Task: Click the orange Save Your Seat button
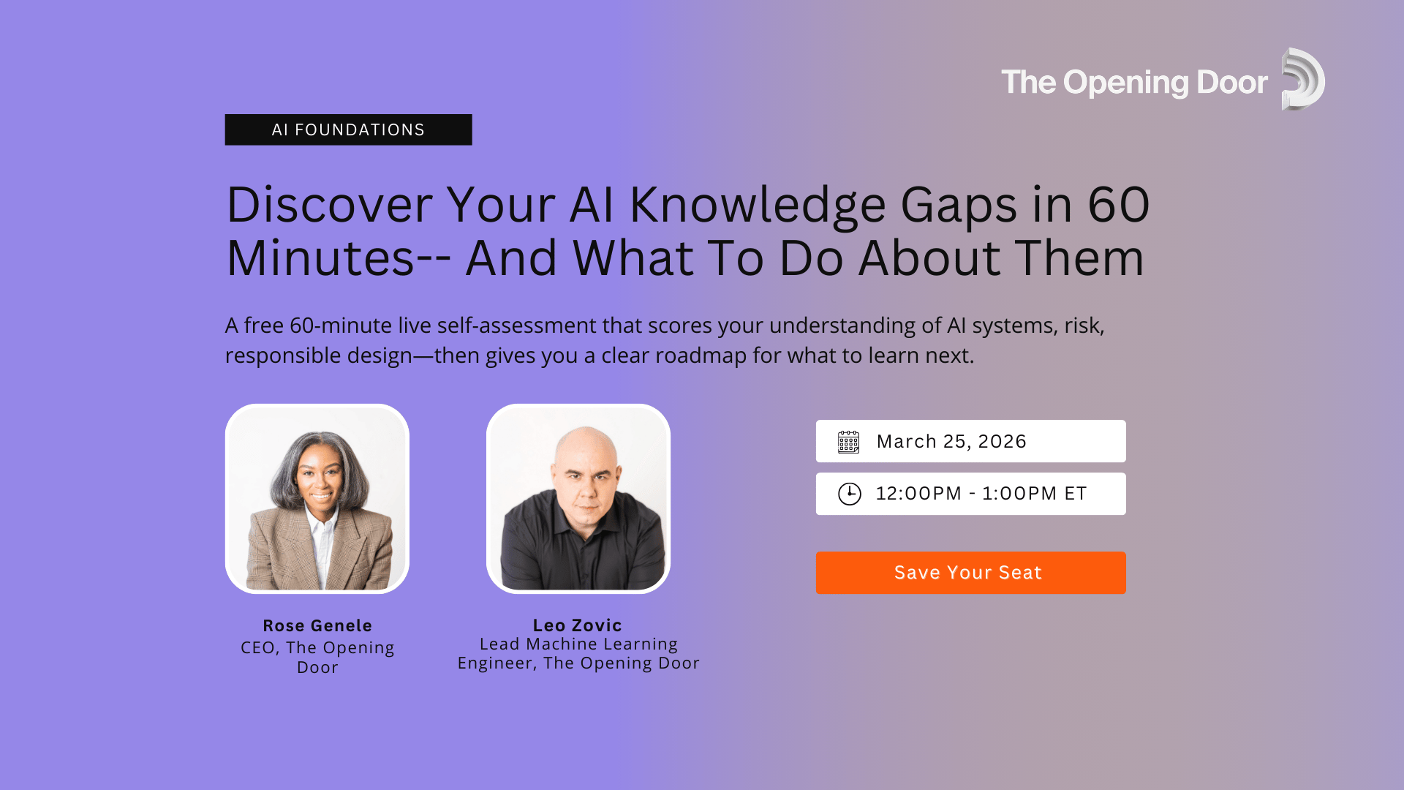click(970, 573)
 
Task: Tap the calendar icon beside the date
click(848, 442)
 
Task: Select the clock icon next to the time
click(849, 494)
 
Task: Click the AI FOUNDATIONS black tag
click(348, 129)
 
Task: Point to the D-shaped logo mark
click(1302, 79)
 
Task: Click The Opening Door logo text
click(1134, 83)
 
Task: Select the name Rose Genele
click(317, 626)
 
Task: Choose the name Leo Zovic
click(577, 625)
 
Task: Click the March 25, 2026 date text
click(951, 442)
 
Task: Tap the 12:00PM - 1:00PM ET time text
click(981, 494)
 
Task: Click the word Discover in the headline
click(329, 205)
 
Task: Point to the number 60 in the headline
click(1119, 205)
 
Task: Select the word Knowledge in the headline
click(758, 205)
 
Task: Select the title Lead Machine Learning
click(578, 644)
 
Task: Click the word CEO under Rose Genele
click(257, 648)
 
